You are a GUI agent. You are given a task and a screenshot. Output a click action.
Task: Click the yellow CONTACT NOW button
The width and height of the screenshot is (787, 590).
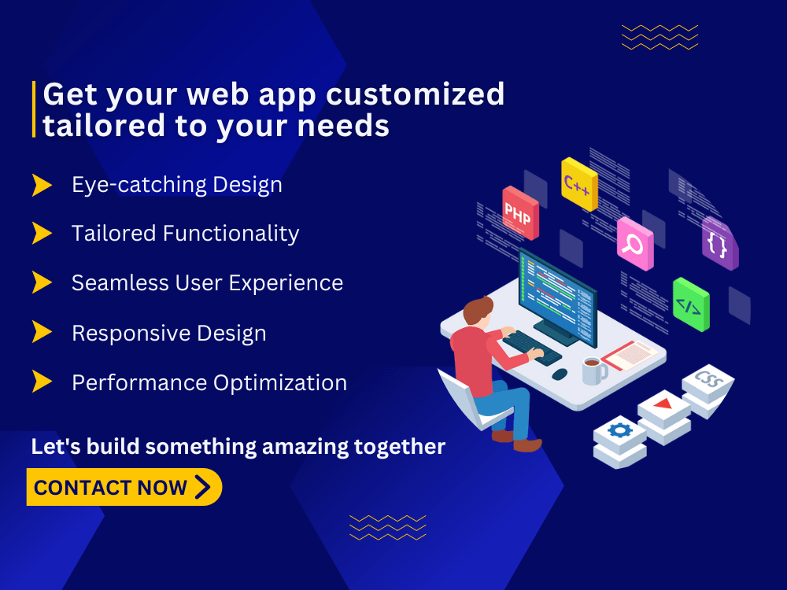click(x=124, y=487)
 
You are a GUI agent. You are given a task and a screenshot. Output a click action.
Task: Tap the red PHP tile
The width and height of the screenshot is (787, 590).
click(x=520, y=212)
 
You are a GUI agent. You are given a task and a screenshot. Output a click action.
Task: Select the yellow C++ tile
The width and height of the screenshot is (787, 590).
click(x=579, y=183)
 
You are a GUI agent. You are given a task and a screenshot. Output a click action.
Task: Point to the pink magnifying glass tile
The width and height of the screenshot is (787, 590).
click(x=635, y=243)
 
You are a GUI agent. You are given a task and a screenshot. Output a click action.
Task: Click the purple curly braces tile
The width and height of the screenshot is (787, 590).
click(x=720, y=244)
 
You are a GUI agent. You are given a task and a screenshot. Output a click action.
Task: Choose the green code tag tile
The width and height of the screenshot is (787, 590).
click(x=691, y=304)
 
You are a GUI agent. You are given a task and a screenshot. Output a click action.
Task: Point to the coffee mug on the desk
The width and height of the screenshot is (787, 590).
click(x=594, y=371)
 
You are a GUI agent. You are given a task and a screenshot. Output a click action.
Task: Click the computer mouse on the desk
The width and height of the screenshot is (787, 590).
click(x=560, y=374)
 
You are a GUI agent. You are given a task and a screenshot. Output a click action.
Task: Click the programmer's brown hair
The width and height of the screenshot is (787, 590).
click(x=478, y=308)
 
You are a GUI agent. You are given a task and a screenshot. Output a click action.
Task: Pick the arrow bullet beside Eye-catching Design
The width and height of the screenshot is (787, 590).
click(x=42, y=185)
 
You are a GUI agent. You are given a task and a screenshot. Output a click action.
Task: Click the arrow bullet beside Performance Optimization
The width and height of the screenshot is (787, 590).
click(x=42, y=382)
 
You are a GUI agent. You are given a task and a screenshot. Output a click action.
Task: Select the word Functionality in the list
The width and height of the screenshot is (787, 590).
click(x=231, y=234)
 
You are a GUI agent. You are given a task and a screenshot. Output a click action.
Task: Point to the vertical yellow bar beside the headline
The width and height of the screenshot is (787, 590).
click(x=34, y=109)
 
